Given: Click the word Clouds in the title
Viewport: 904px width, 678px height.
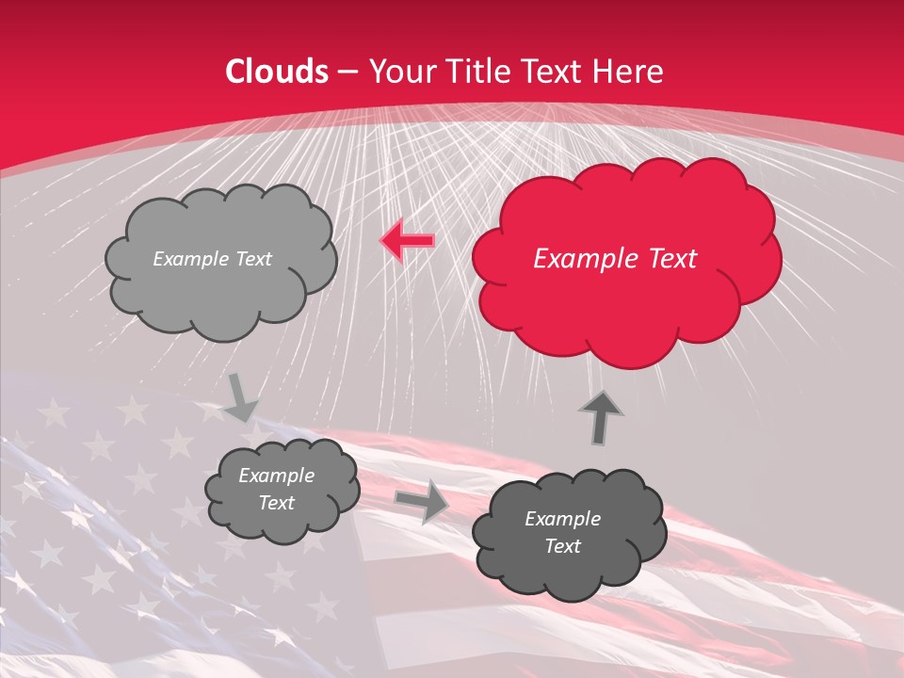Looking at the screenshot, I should coord(277,72).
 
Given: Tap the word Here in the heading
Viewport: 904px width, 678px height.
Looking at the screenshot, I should coord(631,72).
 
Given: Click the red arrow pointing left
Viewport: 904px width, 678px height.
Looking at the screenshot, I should coord(407,241).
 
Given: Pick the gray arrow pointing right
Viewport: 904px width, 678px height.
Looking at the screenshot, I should coord(422,501).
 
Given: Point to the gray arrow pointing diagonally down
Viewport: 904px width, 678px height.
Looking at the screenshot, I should coord(240,397).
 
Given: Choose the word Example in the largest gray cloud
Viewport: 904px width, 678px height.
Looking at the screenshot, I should coord(187,259).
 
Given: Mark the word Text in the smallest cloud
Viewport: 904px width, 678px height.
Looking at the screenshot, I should coord(277,503).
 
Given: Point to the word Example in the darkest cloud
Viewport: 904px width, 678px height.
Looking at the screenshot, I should coord(562,519).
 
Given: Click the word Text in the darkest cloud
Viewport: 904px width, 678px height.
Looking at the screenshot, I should coord(562,546).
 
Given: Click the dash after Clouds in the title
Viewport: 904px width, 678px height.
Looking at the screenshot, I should coord(347,73).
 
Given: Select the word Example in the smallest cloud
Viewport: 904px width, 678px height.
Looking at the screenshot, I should coord(277,476).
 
